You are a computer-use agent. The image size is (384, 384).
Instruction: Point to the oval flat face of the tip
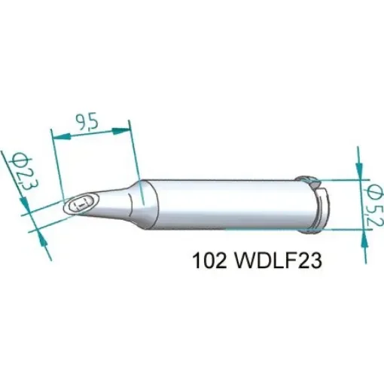click(81, 203)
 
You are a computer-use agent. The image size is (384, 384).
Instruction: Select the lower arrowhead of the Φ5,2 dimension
click(360, 233)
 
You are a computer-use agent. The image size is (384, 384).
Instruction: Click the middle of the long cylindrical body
click(226, 202)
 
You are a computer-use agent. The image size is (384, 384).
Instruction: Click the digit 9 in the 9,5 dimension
click(81, 120)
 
